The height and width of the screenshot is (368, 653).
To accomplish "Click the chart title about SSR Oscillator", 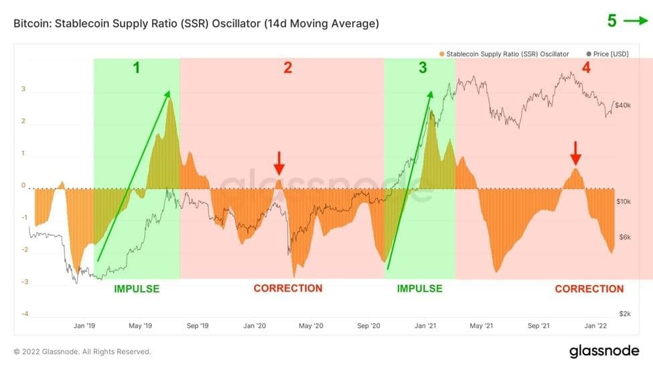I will click(x=196, y=23).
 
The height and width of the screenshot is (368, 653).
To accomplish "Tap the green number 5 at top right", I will click(x=611, y=21).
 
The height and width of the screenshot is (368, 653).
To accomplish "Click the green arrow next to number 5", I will click(x=636, y=21).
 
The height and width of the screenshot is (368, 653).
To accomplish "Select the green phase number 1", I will click(x=137, y=68).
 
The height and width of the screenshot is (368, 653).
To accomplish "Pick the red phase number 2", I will click(x=287, y=68).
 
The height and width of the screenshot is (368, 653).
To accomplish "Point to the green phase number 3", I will click(x=422, y=68).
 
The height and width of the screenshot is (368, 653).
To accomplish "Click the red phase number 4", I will click(x=586, y=68).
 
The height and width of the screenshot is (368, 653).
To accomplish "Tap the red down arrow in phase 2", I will click(x=279, y=163).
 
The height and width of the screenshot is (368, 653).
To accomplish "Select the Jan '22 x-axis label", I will click(x=595, y=326).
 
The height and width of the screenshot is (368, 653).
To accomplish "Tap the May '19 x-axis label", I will click(x=139, y=326).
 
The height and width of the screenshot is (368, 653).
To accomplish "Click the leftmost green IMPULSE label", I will click(x=137, y=289).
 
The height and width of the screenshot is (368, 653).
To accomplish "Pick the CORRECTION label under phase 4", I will click(x=589, y=289).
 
